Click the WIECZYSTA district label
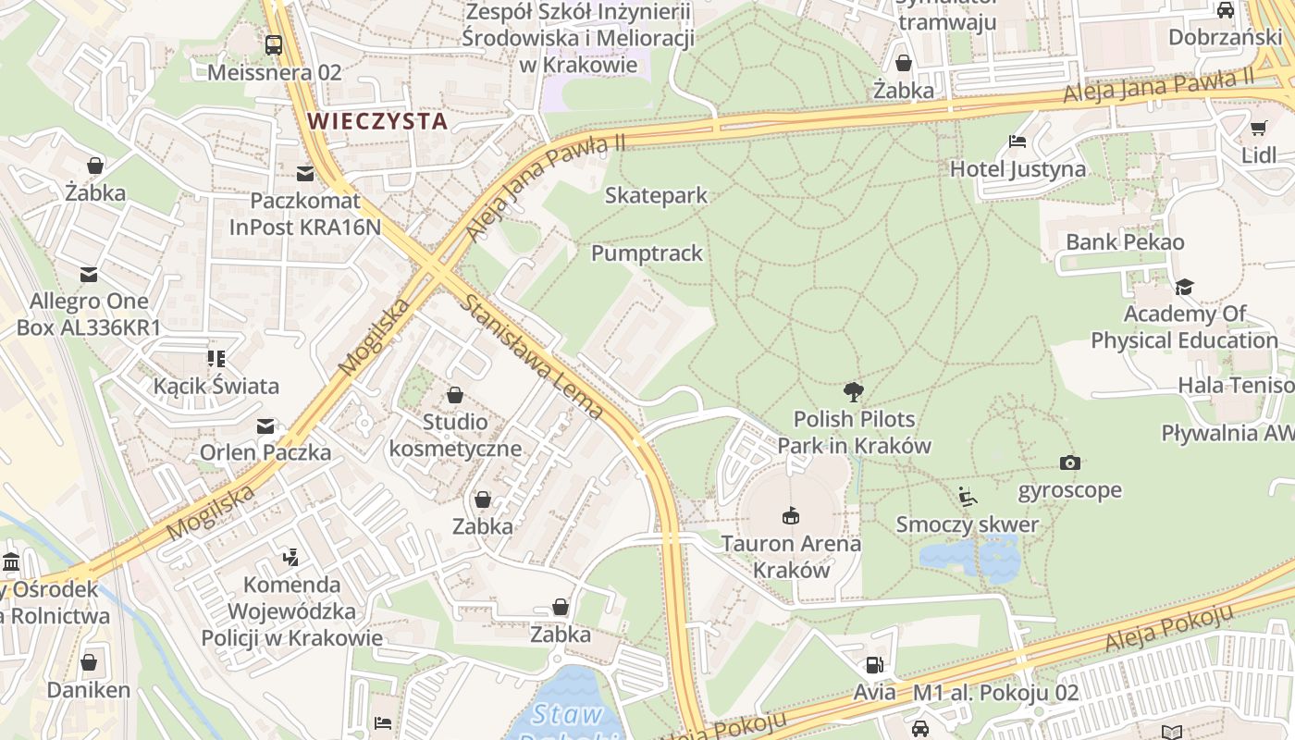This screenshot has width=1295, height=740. pyautogui.click(x=377, y=121)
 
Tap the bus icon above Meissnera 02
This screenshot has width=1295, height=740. pyautogui.click(x=274, y=44)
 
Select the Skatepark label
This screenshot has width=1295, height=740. pyautogui.click(x=656, y=195)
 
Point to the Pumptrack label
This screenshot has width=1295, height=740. pyautogui.click(x=647, y=253)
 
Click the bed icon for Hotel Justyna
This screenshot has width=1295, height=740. pyautogui.click(x=1017, y=142)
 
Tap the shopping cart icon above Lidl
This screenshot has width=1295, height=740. pyautogui.click(x=1258, y=128)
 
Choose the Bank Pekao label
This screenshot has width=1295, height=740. pyautogui.click(x=1125, y=242)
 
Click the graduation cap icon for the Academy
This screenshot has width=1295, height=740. pyautogui.click(x=1184, y=287)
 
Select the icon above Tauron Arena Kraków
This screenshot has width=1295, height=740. pyautogui.click(x=790, y=515)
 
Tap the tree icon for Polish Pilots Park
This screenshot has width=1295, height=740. pyautogui.click(x=853, y=392)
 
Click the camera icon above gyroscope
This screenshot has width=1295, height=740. pyautogui.click(x=1069, y=462)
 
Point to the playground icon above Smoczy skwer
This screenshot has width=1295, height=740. pyautogui.click(x=968, y=498)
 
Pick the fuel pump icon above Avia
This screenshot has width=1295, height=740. pyautogui.click(x=874, y=664)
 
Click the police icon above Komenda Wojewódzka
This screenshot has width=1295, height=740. pyautogui.click(x=291, y=557)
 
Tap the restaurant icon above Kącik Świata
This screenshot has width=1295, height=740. pyautogui.click(x=216, y=358)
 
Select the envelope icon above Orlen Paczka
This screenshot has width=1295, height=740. pyautogui.click(x=265, y=426)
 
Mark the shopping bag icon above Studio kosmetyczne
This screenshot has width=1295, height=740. pyautogui.click(x=454, y=395)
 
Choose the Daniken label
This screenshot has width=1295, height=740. pyautogui.click(x=89, y=690)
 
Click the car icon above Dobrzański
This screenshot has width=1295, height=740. pyautogui.click(x=1225, y=10)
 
